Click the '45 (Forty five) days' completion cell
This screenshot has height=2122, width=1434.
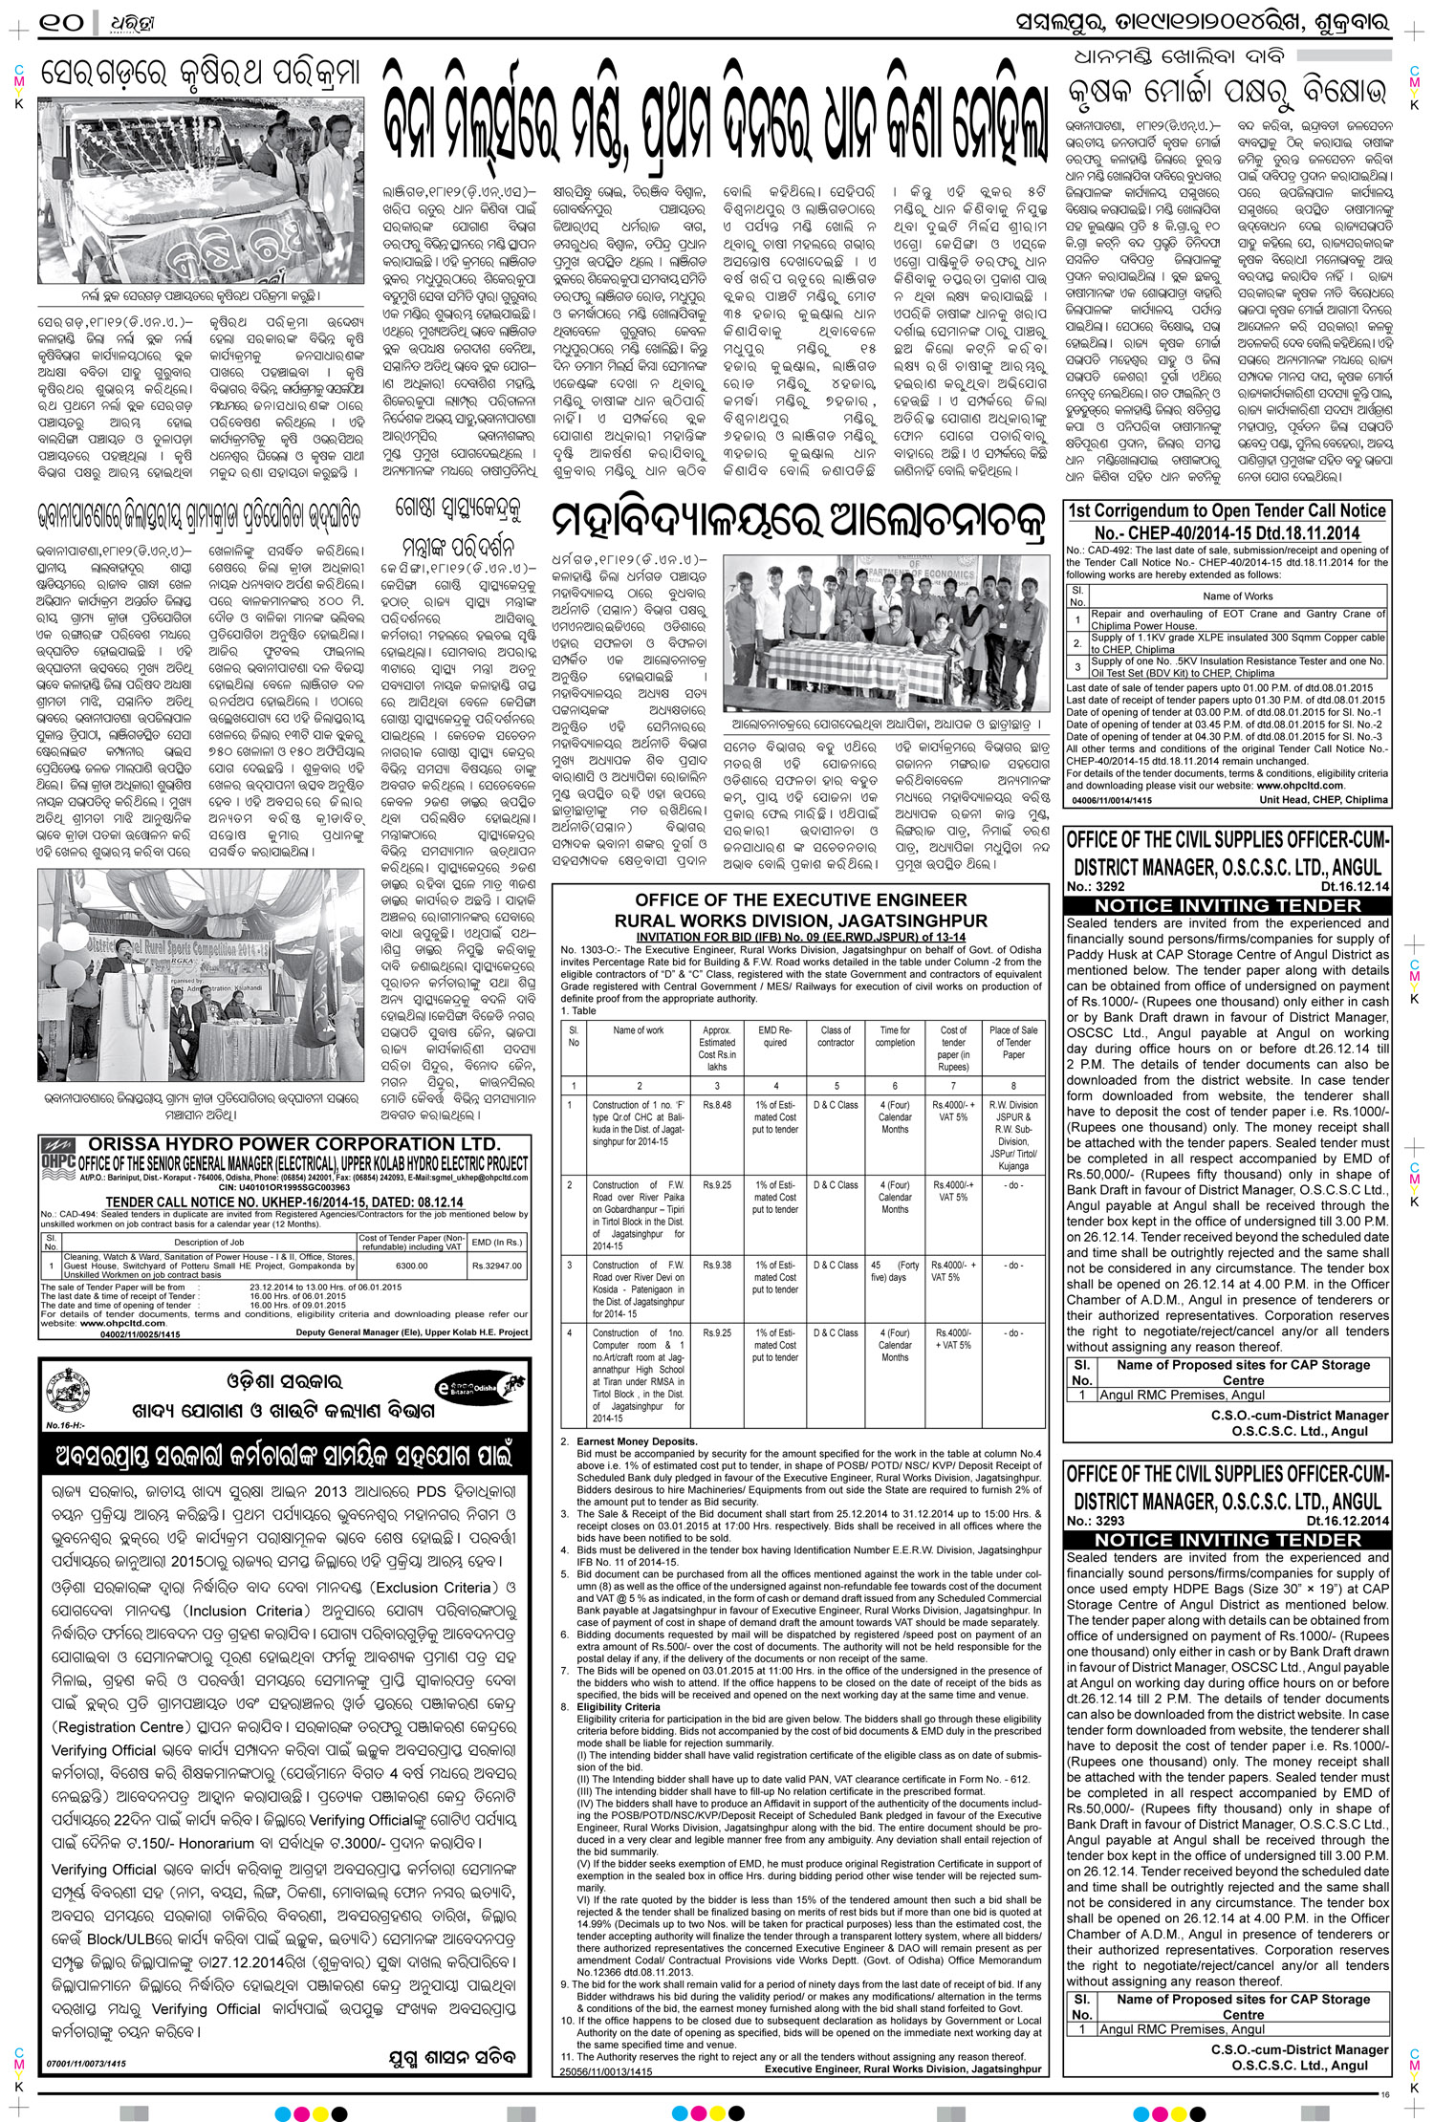(x=895, y=1270)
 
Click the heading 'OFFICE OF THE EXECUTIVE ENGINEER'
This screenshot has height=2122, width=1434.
(x=801, y=899)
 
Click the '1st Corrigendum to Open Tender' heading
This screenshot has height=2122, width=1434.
(x=1228, y=510)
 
